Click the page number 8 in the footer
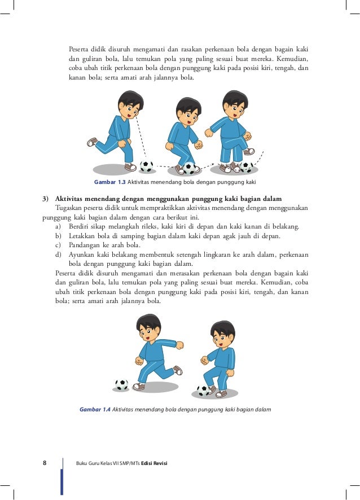pyautogui.click(x=45, y=463)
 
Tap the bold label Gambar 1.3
pyautogui.click(x=109, y=182)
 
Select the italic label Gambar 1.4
pyautogui.click(x=95, y=409)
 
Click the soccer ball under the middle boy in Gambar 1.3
pyautogui.click(x=189, y=168)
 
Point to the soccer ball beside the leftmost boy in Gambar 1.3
pyautogui.click(x=146, y=166)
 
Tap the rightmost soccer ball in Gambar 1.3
pyautogui.click(x=246, y=167)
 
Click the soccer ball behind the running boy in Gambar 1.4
pyautogui.click(x=122, y=384)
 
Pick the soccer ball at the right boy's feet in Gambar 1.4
pyautogui.click(x=203, y=390)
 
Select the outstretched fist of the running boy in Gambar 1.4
pyautogui.click(x=179, y=344)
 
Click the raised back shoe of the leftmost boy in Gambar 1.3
pyautogui.click(x=93, y=142)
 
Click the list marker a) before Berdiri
pyautogui.click(x=59, y=227)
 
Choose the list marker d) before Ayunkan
pyautogui.click(x=59, y=254)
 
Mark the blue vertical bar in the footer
pyautogui.click(x=62, y=480)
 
